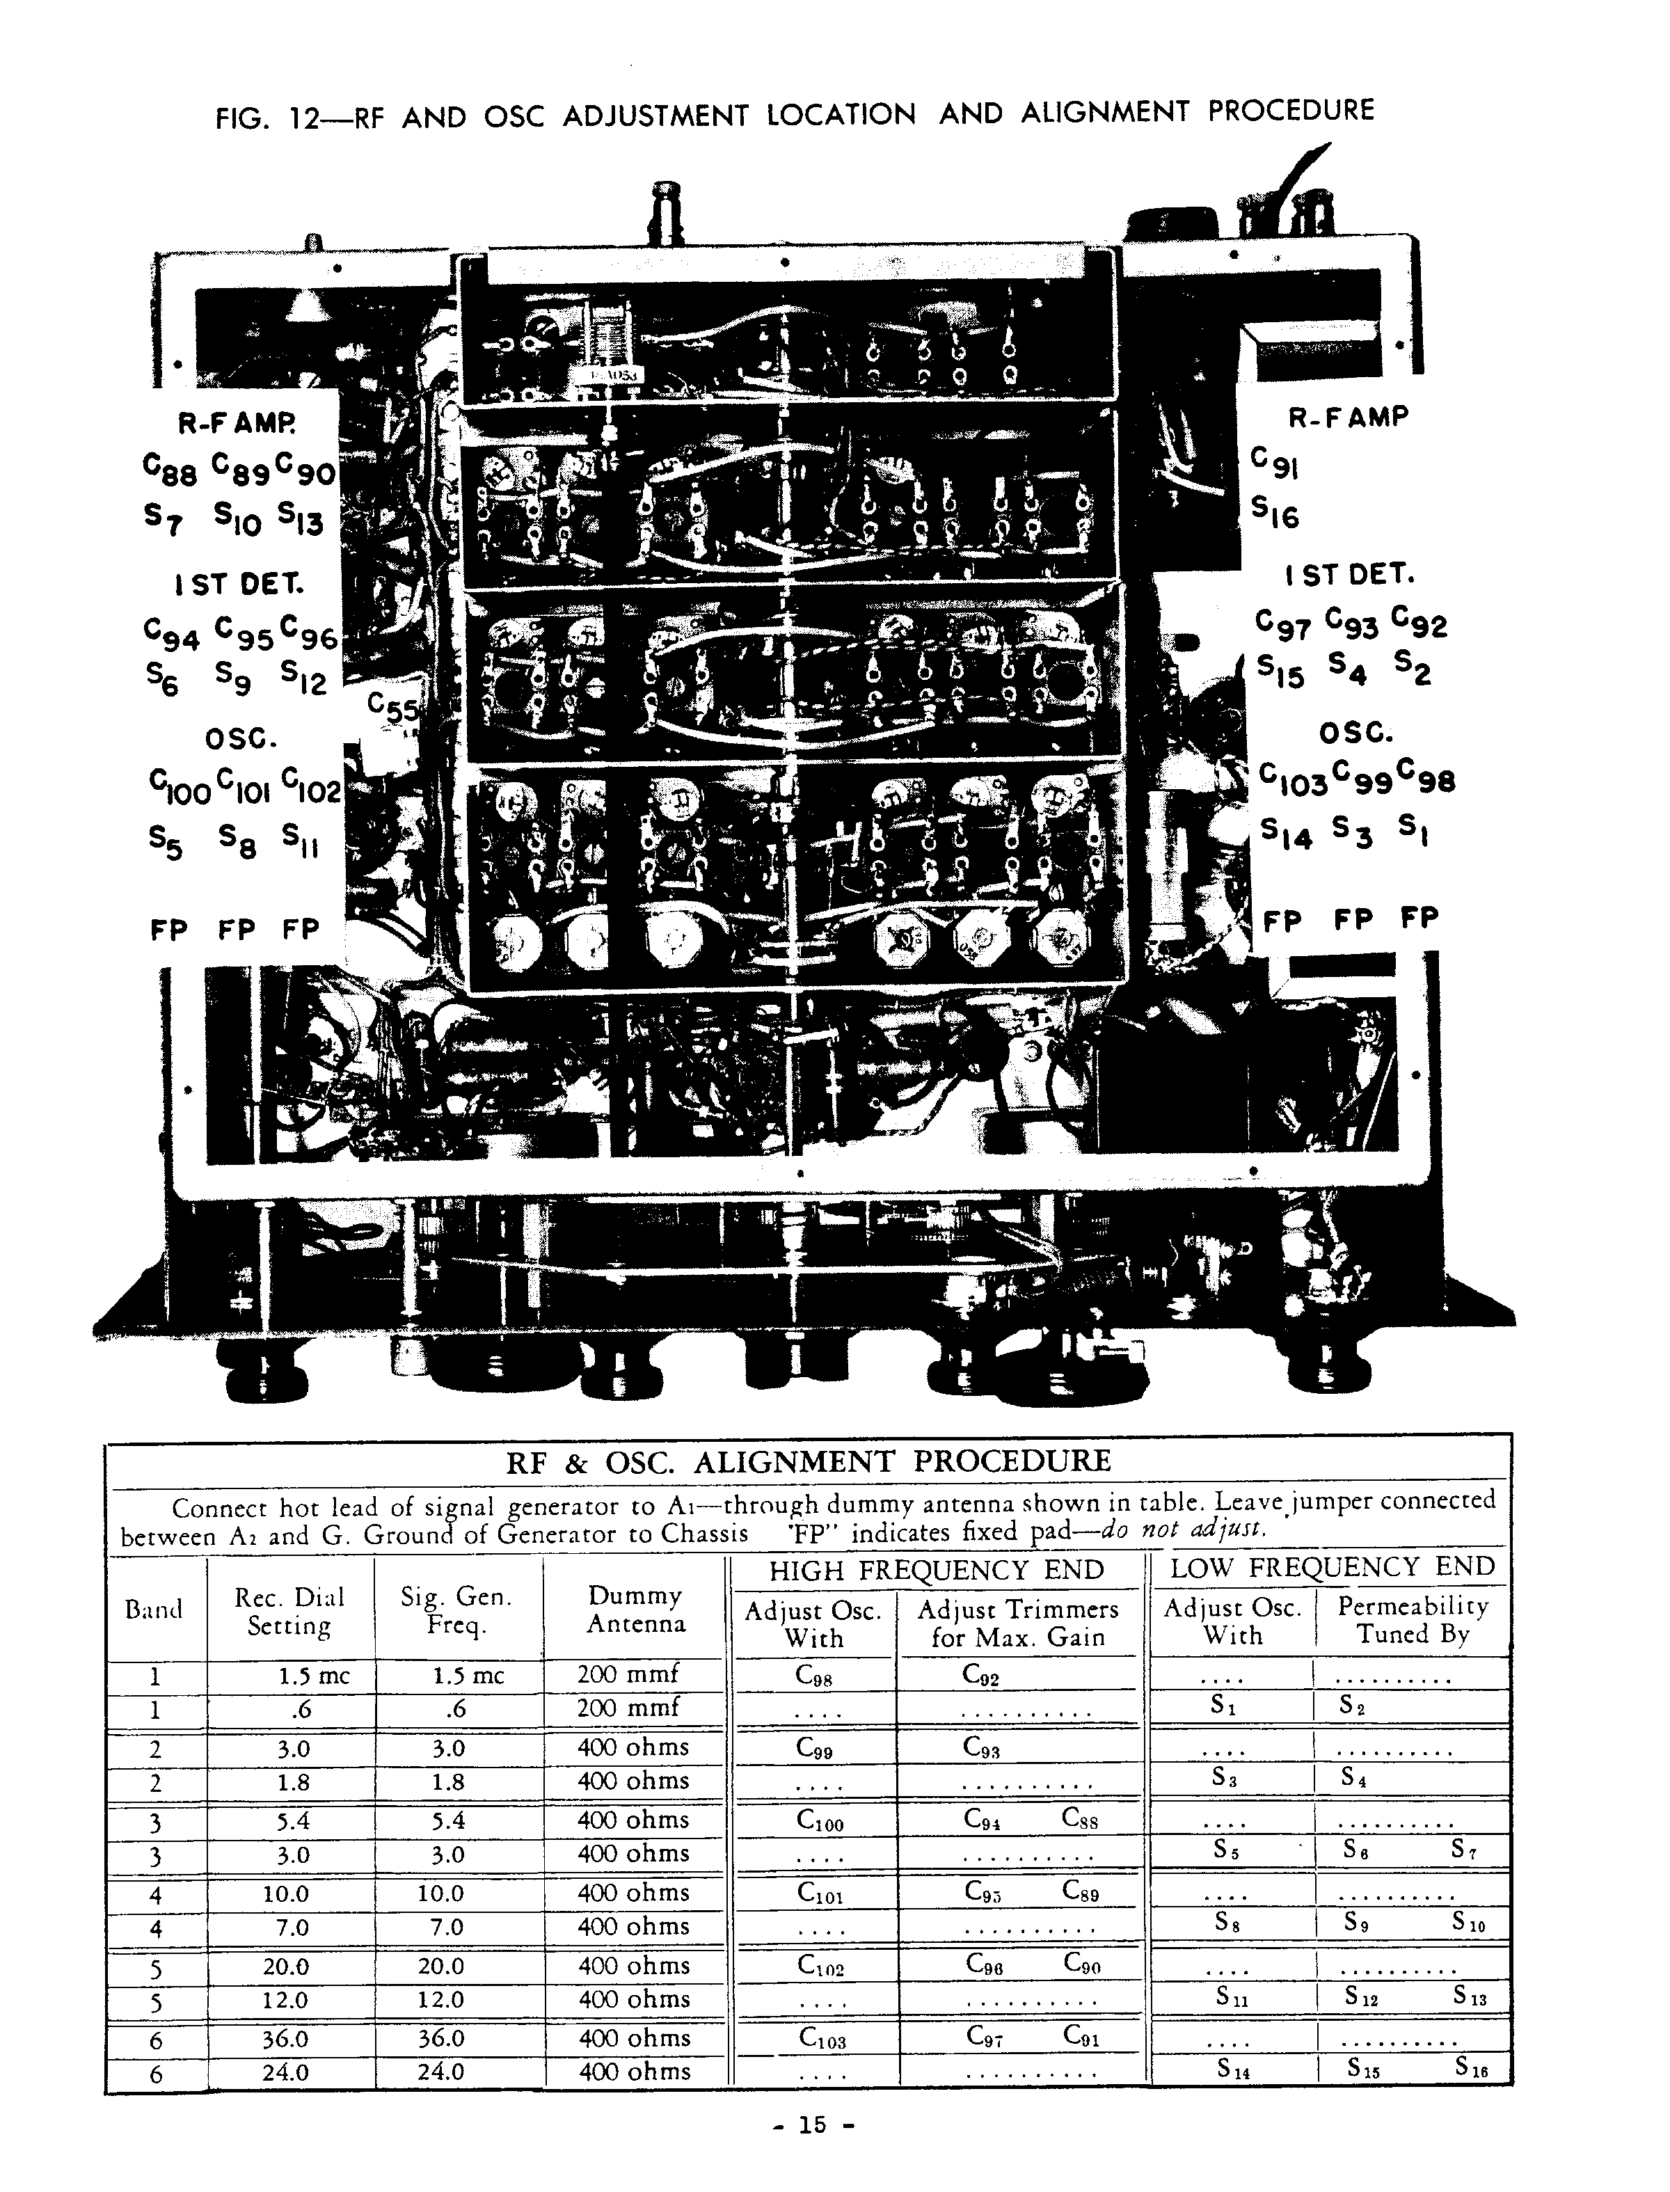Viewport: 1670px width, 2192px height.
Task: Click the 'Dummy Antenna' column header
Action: [x=635, y=1610]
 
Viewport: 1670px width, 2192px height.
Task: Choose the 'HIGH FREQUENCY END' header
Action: [x=937, y=1571]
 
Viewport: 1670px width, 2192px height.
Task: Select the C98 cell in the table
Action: [x=814, y=1676]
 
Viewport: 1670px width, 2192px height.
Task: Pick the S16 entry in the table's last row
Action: [x=1470, y=2069]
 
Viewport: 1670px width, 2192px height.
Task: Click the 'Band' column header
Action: [x=154, y=1610]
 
